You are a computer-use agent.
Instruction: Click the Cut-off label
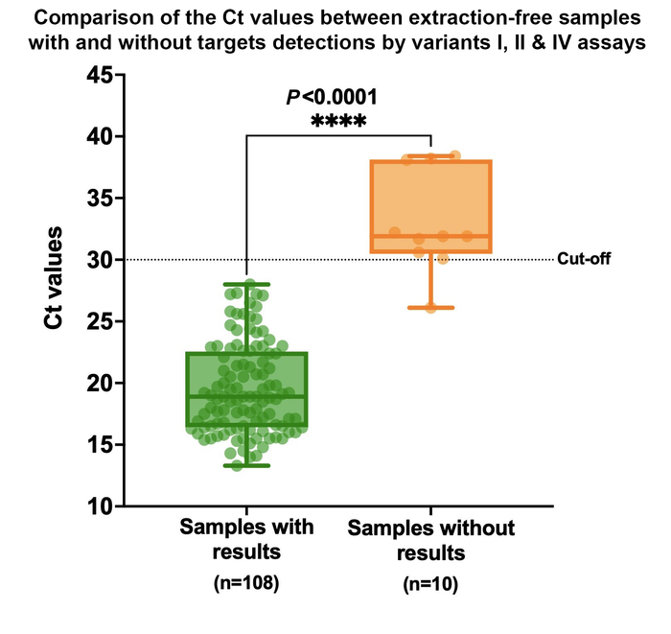pyautogui.click(x=583, y=259)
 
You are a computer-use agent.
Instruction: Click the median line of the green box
pyautogui.click(x=246, y=396)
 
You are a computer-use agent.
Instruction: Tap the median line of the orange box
pyautogui.click(x=430, y=236)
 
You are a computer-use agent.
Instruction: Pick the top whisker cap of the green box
pyautogui.click(x=246, y=284)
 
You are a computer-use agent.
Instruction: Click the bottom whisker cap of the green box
pyautogui.click(x=246, y=465)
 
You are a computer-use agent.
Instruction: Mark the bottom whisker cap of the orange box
pyautogui.click(x=430, y=308)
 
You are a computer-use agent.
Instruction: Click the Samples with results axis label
pyautogui.click(x=246, y=540)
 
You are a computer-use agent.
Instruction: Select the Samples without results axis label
pyautogui.click(x=430, y=541)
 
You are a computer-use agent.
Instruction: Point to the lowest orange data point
pyautogui.click(x=430, y=307)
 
